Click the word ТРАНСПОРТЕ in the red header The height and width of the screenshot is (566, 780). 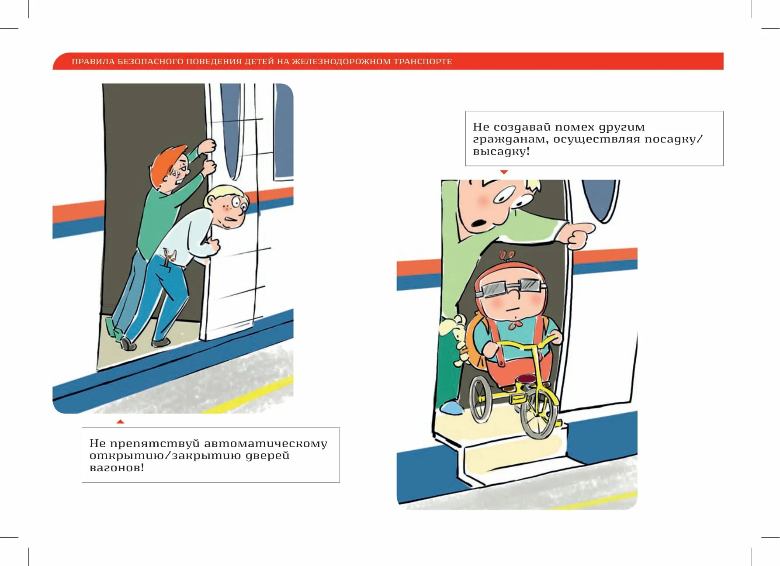click(423, 62)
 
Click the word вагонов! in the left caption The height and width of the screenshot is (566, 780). click(117, 468)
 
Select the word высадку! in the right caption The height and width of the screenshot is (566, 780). click(501, 152)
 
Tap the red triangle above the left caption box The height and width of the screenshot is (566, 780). click(120, 421)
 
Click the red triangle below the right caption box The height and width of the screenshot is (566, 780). click(504, 172)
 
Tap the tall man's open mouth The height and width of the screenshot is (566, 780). click(478, 223)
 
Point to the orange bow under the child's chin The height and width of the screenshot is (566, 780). click(517, 324)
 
